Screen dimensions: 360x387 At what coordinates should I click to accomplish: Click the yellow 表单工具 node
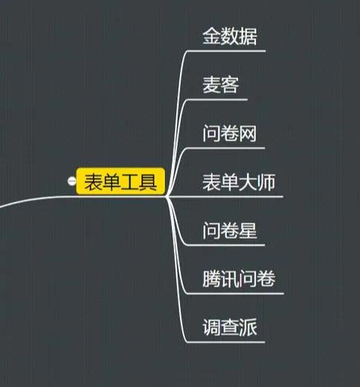point(120,181)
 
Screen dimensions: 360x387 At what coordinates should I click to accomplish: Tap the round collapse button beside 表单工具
point(71,181)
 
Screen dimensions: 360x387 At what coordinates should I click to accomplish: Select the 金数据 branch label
point(230,36)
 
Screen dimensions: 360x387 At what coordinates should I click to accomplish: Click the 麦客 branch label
point(221,85)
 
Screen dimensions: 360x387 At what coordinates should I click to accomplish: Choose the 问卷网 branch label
point(230,133)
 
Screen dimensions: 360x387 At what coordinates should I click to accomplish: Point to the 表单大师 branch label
point(239,182)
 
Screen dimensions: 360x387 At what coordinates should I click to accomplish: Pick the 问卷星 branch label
point(230,230)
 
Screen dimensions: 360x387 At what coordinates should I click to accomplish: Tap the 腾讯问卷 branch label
point(239,279)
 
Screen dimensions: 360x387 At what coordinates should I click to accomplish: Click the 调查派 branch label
point(230,327)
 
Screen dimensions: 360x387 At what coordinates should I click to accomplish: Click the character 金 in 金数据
point(211,36)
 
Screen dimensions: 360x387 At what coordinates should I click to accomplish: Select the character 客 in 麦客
point(230,85)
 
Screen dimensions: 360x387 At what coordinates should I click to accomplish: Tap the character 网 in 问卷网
point(248,133)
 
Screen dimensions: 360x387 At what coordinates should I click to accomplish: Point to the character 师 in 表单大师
point(266,182)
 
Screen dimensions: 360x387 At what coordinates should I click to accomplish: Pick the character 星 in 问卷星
point(248,230)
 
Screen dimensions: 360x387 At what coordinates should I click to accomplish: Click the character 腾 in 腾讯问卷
point(211,279)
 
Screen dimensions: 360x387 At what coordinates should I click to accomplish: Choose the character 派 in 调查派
point(248,327)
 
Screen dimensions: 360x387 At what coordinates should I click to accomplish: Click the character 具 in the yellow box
point(148,182)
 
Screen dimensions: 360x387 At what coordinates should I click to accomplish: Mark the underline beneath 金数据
point(226,51)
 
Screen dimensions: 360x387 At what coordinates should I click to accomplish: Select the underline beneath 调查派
point(225,342)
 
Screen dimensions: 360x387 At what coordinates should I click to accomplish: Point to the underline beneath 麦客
point(217,100)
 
